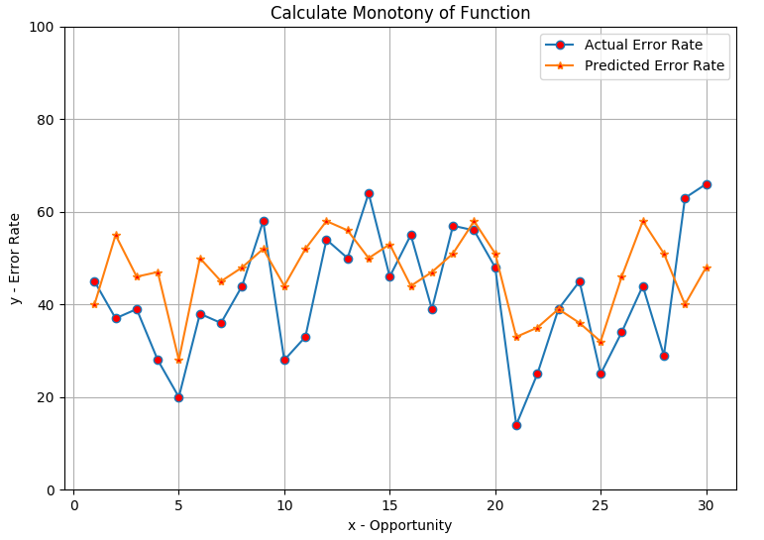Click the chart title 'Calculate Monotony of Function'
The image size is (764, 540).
click(x=400, y=13)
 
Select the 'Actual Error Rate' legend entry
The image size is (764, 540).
click(x=624, y=45)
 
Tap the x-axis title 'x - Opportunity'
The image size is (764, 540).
click(x=400, y=525)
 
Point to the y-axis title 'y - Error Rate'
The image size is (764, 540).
click(x=15, y=259)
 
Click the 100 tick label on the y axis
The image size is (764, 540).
click(x=42, y=28)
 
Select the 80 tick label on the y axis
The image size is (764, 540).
click(x=46, y=120)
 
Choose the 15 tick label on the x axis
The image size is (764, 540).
click(x=389, y=505)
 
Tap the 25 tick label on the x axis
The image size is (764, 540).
click(x=600, y=505)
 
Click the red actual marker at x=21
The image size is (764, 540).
click(x=516, y=425)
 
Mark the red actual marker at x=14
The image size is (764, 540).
click(x=369, y=193)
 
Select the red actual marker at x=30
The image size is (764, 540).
click(x=707, y=184)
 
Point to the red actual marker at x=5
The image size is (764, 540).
click(x=178, y=397)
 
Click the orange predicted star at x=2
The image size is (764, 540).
click(x=116, y=236)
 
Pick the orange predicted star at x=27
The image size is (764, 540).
click(x=643, y=221)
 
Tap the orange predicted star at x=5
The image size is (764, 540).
click(x=178, y=361)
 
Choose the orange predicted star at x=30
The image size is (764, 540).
click(x=707, y=268)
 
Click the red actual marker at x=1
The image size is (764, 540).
click(x=94, y=281)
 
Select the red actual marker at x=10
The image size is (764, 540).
click(x=284, y=360)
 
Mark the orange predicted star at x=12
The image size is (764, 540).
click(x=326, y=221)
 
